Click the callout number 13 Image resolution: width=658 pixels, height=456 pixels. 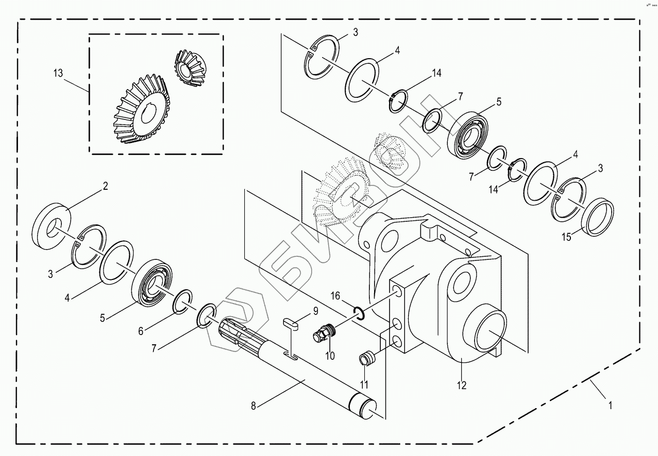tap(58, 73)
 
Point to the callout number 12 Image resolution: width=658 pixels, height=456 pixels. tap(461, 385)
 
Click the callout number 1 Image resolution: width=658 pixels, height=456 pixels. tap(611, 405)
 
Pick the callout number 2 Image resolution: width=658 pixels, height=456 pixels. tap(106, 186)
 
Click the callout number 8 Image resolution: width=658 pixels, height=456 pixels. tap(253, 406)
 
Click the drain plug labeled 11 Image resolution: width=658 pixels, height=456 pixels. tap(366, 359)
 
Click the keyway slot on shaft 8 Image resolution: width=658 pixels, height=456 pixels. tap(291, 355)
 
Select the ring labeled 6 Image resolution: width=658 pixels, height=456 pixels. tap(181, 303)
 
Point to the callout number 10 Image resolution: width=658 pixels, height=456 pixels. tap(330, 356)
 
